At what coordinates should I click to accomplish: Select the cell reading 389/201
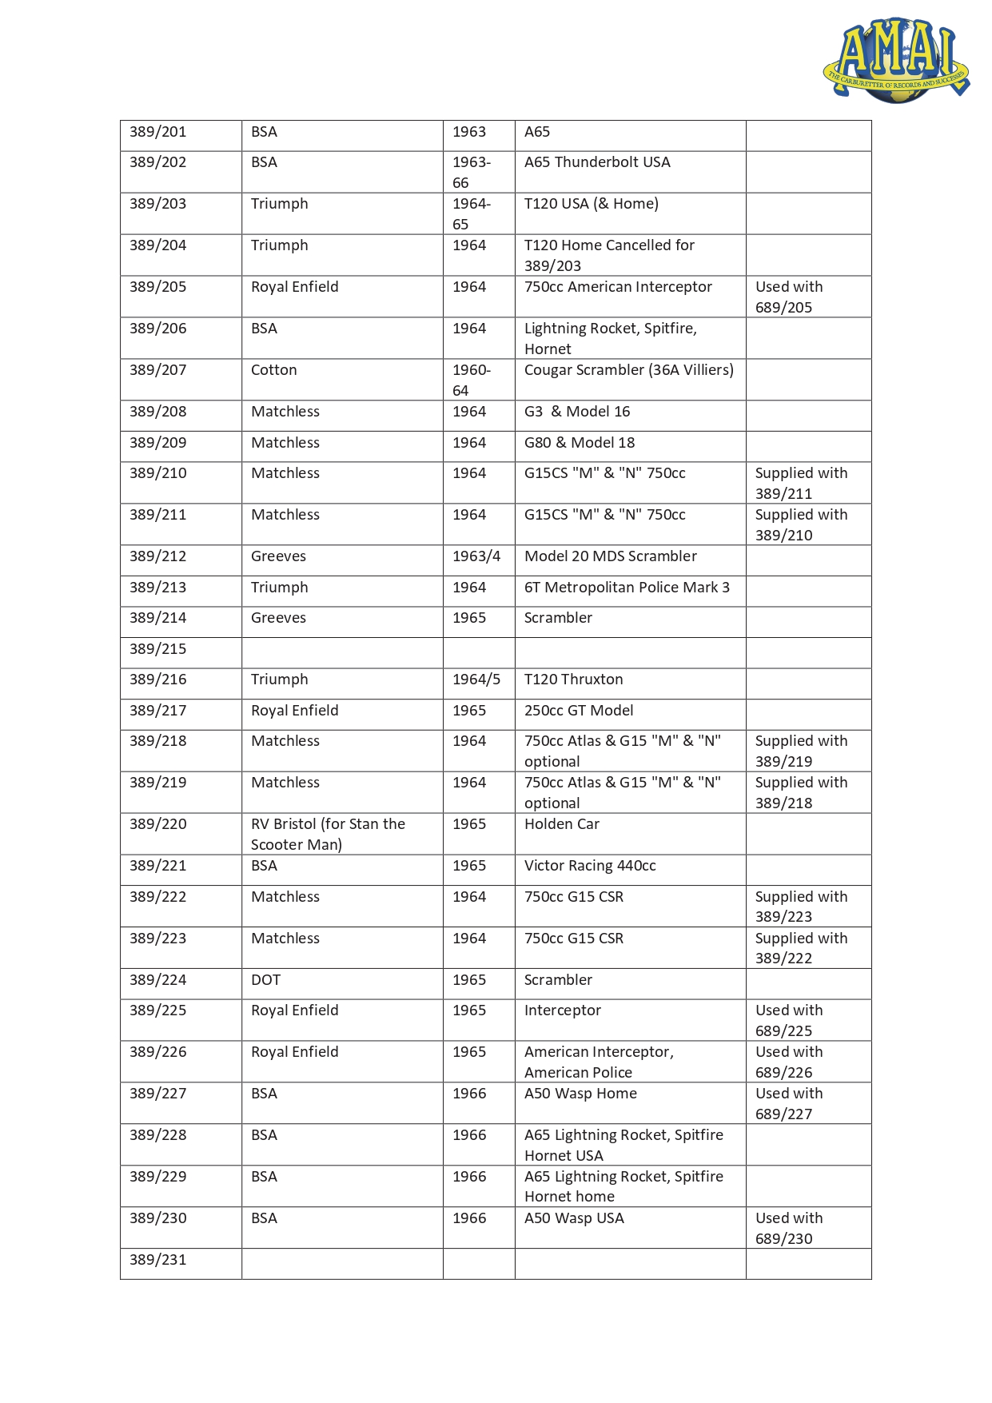[158, 132]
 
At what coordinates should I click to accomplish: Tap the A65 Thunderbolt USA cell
[597, 162]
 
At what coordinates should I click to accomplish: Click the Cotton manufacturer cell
[274, 370]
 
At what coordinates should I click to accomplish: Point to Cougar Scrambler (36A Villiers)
[628, 370]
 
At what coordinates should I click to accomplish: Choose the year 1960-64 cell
[471, 380]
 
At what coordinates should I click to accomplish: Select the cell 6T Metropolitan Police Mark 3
[627, 588]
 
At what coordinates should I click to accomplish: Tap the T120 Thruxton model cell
[573, 680]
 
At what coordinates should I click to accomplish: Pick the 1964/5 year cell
[476, 680]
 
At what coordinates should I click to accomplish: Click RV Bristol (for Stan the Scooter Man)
[328, 834]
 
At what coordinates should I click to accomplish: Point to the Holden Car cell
[561, 824]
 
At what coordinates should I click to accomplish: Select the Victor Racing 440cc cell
[590, 866]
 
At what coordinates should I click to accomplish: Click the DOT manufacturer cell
[265, 980]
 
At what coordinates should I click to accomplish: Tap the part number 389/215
[158, 649]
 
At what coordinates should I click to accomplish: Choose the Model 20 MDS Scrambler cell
[610, 556]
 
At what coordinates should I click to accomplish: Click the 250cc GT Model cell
[579, 711]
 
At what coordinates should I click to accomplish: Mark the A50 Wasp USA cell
[574, 1218]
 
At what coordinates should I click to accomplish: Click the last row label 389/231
[158, 1260]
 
